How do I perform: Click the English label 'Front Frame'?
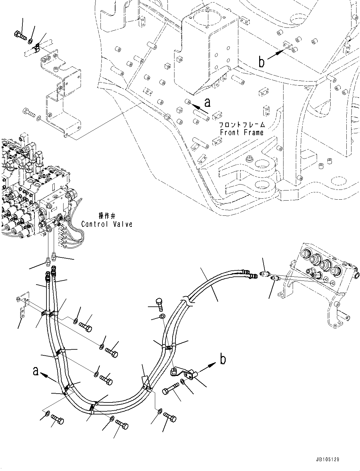click(x=241, y=132)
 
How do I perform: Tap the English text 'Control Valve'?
click(x=107, y=224)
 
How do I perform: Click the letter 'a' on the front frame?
click(x=207, y=102)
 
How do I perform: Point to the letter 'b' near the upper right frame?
click(x=262, y=62)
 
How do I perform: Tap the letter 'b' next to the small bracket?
click(x=223, y=359)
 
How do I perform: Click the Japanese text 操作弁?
click(x=107, y=216)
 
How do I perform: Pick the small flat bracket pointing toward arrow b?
click(x=183, y=372)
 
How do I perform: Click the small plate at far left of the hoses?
click(x=22, y=306)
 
